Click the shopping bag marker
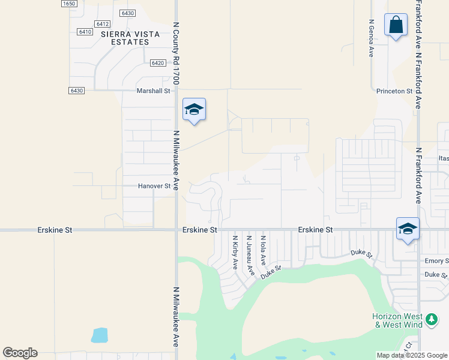pos(396,25)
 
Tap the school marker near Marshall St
pos(194,109)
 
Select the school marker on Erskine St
pos(408,229)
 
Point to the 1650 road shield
pos(70,4)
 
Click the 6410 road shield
pos(85,32)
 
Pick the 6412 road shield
pos(102,24)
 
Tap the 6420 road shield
pos(158,63)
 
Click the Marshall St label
pos(154,91)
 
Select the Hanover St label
pos(154,186)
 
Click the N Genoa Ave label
pos(371,38)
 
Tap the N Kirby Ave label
pos(235,251)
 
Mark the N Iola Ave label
pos(263,250)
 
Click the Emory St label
pos(436,261)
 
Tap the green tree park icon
pos(431,320)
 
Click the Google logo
pos(20,353)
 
